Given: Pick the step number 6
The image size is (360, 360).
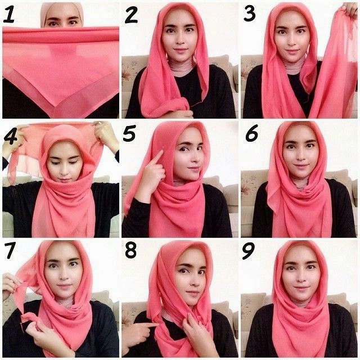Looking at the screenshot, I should pos(251,136).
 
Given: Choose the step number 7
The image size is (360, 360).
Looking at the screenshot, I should pos(10,253).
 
